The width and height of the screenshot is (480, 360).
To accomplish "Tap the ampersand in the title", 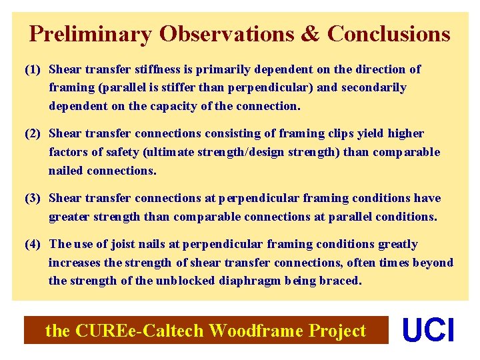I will click(x=310, y=33).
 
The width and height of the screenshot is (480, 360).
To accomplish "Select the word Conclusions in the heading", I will click(x=389, y=33).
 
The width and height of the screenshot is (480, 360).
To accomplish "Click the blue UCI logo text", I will click(x=429, y=331).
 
